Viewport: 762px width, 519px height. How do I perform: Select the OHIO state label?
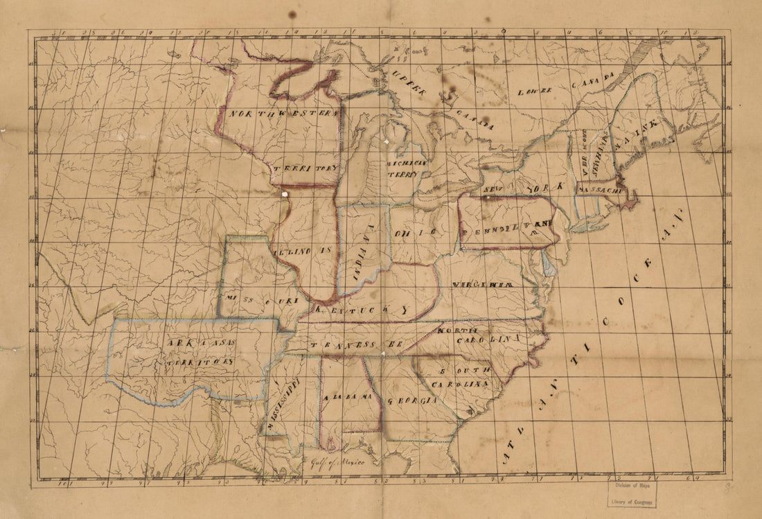416,233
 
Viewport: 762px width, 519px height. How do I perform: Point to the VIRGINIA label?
483,285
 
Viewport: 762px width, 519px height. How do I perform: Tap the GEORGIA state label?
412,401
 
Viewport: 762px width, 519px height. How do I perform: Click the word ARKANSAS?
200,343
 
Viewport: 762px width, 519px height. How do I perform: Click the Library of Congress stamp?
630,495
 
